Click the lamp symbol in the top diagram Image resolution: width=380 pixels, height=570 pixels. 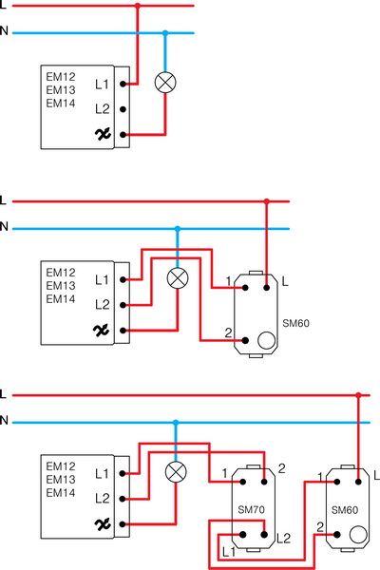tap(165, 84)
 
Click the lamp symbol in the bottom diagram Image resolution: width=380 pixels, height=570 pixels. tap(175, 472)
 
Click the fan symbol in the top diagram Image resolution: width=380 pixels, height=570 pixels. tap(103, 135)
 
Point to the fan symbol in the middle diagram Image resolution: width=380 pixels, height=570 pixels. tap(103, 330)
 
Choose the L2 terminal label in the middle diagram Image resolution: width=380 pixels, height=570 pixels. tap(103, 305)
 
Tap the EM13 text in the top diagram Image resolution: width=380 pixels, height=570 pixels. tap(60, 89)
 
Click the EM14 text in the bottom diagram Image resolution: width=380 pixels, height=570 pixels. tap(60, 493)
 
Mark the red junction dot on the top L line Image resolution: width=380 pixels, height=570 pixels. tap(139, 7)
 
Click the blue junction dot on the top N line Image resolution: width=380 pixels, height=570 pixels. tap(165, 33)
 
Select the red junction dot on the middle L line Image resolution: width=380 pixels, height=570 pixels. tap(267, 201)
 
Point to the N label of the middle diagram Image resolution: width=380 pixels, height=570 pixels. tap(5, 227)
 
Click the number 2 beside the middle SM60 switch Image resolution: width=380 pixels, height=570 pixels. tap(228, 332)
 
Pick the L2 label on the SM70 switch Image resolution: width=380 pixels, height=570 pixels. tap(282, 539)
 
